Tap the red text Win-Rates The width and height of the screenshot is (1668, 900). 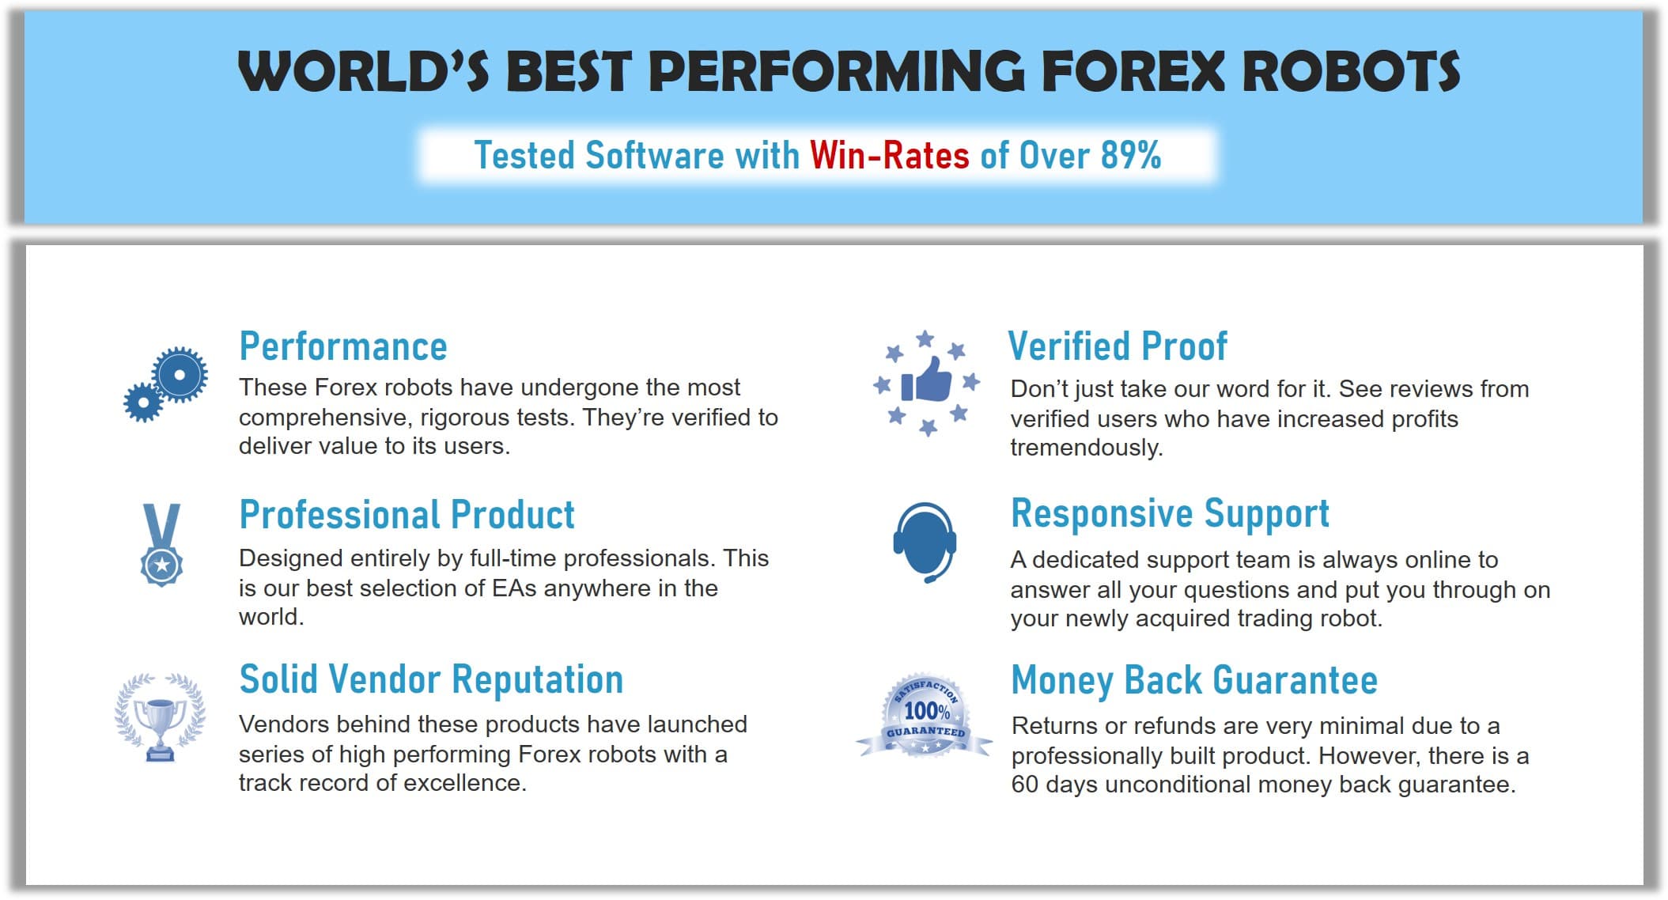click(x=889, y=155)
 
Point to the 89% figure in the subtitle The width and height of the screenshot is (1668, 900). click(x=1131, y=155)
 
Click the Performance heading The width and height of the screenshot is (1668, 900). click(x=343, y=346)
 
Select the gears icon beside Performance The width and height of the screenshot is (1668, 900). click(x=166, y=384)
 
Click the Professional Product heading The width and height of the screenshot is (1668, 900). click(x=407, y=515)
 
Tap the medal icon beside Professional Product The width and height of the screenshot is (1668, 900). click(x=161, y=545)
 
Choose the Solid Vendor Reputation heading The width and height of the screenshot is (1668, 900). click(x=432, y=679)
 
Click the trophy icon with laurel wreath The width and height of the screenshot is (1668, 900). click(x=161, y=717)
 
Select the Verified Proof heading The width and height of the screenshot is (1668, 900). click(x=1118, y=346)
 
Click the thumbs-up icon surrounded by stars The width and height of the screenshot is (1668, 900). click(x=926, y=384)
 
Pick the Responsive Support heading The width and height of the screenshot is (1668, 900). click(x=1171, y=514)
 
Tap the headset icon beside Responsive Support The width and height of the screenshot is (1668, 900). click(x=925, y=543)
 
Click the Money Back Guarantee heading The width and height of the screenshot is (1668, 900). click(x=1194, y=680)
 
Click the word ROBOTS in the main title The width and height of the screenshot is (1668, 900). click(x=1351, y=71)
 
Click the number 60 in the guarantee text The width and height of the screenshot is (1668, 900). click(x=1025, y=785)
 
